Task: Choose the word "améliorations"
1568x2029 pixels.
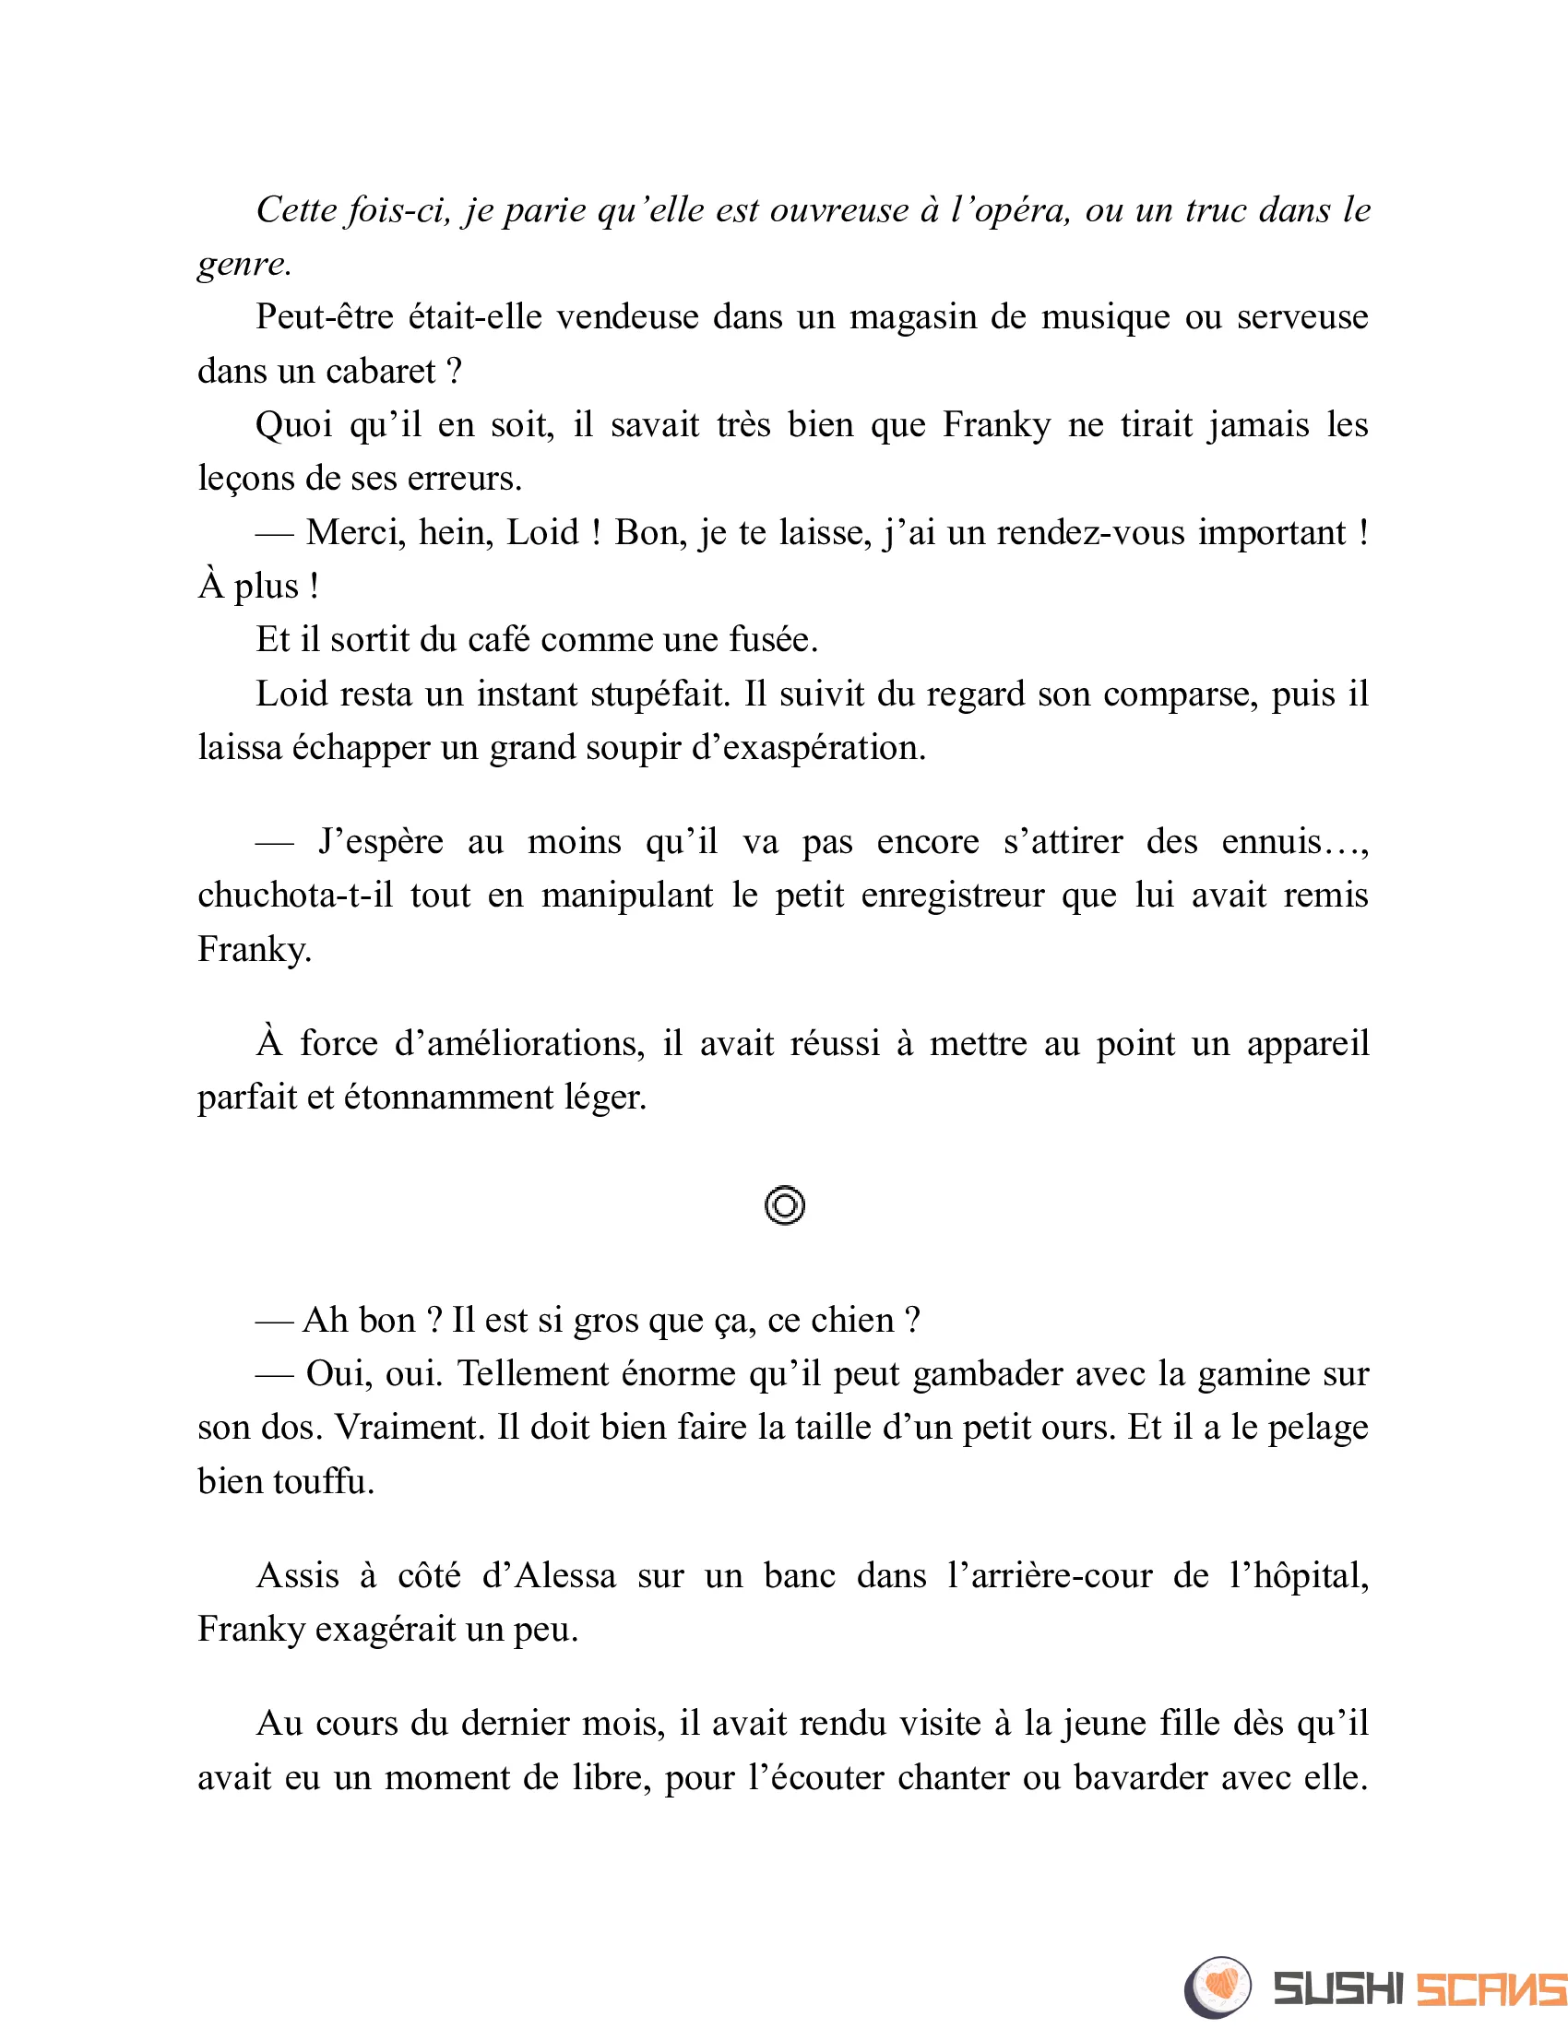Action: pyautogui.click(x=519, y=1044)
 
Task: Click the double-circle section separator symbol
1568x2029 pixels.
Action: pyautogui.click(x=785, y=1206)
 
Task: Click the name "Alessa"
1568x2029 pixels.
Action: pyautogui.click(x=565, y=1576)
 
